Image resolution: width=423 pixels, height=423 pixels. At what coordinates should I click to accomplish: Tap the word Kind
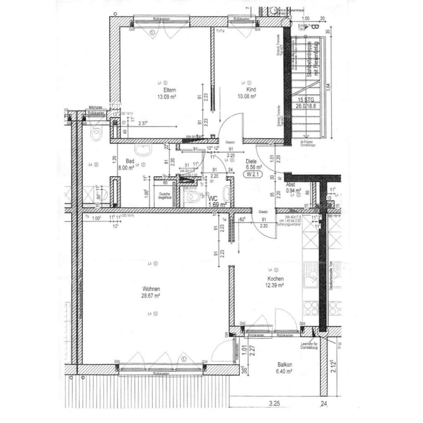click(251, 90)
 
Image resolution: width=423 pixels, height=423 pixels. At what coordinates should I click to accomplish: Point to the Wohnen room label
click(151, 289)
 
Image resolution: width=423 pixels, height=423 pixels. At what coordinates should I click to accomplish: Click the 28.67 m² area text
click(151, 296)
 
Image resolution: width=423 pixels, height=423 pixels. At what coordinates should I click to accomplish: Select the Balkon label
click(285, 365)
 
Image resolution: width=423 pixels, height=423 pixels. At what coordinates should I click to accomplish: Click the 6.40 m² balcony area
click(285, 371)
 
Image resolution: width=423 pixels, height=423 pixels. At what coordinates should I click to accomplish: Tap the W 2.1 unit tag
click(253, 174)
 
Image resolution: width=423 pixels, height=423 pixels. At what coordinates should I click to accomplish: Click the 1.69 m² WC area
click(217, 204)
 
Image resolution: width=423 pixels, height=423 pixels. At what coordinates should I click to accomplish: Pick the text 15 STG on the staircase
click(306, 100)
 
